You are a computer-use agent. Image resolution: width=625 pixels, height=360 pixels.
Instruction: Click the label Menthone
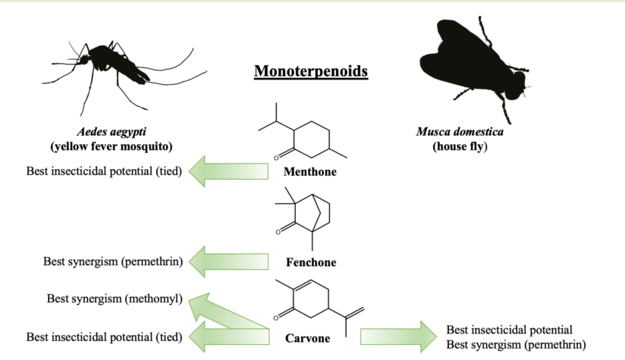tap(309, 172)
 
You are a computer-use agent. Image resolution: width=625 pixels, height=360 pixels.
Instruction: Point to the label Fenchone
tap(310, 263)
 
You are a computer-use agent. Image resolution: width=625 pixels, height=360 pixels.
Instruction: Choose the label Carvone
tap(308, 338)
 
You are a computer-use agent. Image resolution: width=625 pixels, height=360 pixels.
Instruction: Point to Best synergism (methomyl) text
tap(115, 299)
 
